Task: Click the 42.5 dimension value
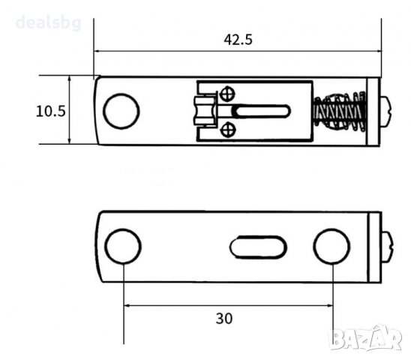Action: point(238,40)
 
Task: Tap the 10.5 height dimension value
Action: point(50,111)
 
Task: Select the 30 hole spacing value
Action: point(224,319)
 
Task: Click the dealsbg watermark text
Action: point(49,22)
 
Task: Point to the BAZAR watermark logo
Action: point(365,339)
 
